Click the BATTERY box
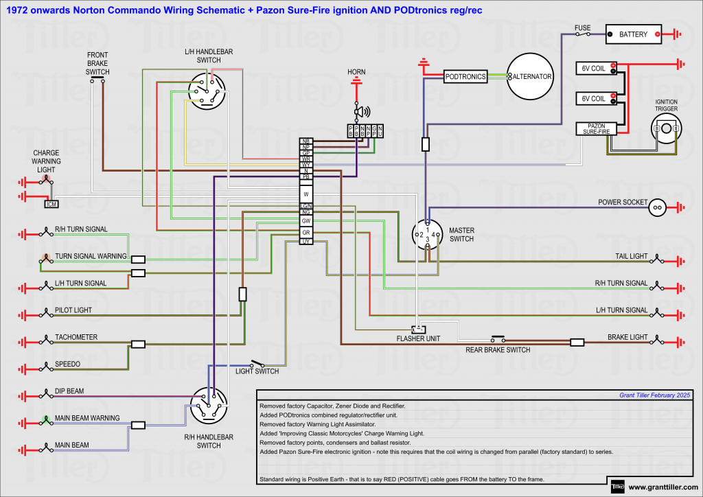[x=633, y=34]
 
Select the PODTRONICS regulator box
[x=465, y=77]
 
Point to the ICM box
[x=51, y=204]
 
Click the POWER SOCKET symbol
[x=657, y=206]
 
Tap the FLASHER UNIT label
[x=418, y=338]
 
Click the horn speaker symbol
[x=360, y=112]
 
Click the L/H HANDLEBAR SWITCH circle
[x=207, y=91]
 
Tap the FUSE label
[x=582, y=28]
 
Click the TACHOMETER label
[x=76, y=337]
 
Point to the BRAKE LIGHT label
[x=627, y=337]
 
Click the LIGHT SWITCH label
[x=257, y=371]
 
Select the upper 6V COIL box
[x=595, y=68]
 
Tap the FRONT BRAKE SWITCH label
[x=97, y=63]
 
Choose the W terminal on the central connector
[x=306, y=194]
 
